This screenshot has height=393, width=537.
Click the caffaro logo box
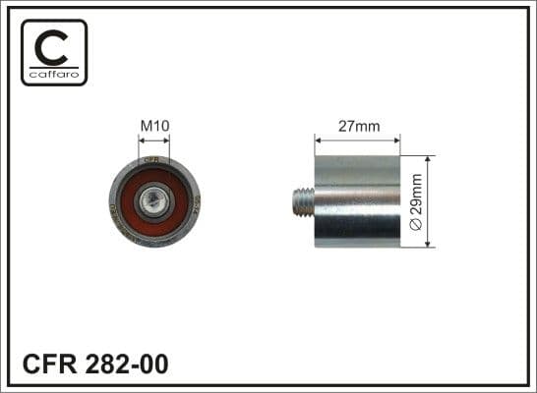coord(55,52)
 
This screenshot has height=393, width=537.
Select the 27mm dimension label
coord(357,125)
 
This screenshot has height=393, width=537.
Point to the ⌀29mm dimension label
coord(417,201)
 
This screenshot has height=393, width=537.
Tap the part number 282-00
coord(127,364)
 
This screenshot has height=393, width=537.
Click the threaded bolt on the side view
coord(303,201)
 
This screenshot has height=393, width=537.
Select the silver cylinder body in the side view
coord(357,201)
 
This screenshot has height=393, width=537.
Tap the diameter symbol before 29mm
coord(417,225)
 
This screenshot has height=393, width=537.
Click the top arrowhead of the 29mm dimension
coord(430,159)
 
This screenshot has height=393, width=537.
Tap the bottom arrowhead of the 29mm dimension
coord(430,245)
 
